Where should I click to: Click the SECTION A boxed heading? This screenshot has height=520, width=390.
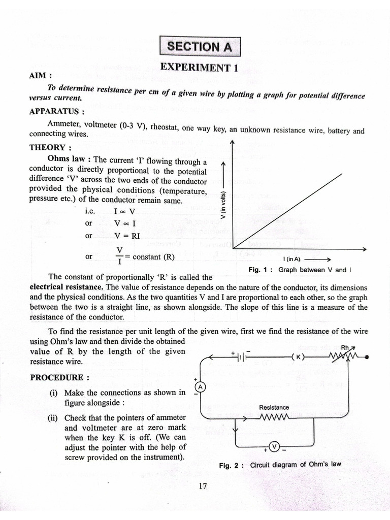pyautogui.click(x=200, y=47)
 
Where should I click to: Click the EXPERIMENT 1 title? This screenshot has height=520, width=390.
pyautogui.click(x=199, y=68)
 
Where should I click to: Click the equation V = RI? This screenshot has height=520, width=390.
pyautogui.click(x=127, y=236)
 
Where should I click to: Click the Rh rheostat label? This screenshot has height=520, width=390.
pyautogui.click(x=346, y=348)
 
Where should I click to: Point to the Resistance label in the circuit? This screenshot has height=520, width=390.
pyautogui.click(x=274, y=407)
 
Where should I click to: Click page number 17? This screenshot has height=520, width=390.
pyautogui.click(x=203, y=486)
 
